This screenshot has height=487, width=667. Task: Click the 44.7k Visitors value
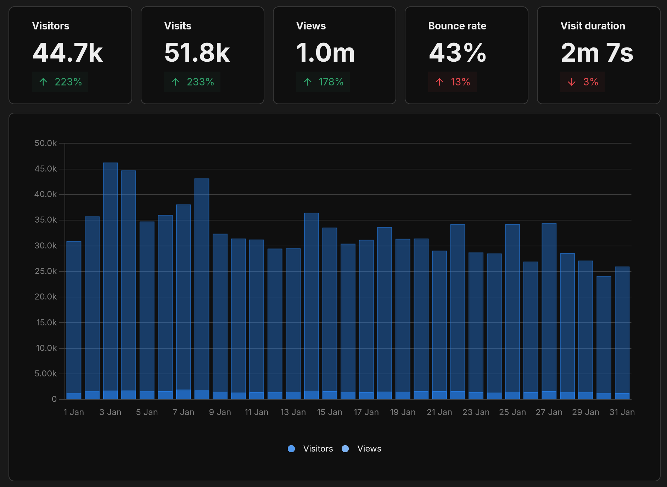68,53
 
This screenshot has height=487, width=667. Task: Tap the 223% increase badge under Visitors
60,82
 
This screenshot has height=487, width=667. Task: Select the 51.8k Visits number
197,53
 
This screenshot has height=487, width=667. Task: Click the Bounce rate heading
457,26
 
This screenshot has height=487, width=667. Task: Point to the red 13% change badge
453,82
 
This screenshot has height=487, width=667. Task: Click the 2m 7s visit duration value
597,53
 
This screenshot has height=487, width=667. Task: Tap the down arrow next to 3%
572,82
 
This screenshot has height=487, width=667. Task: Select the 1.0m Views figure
325,53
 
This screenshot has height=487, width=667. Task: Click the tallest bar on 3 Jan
111,276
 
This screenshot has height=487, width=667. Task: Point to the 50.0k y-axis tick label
46,143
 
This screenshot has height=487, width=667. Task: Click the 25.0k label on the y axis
46,271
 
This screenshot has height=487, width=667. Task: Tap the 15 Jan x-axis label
330,412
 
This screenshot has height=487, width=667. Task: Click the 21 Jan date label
439,412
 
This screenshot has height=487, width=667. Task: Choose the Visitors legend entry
310,449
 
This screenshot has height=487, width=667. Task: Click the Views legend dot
345,449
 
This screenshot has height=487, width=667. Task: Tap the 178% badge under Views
323,82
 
